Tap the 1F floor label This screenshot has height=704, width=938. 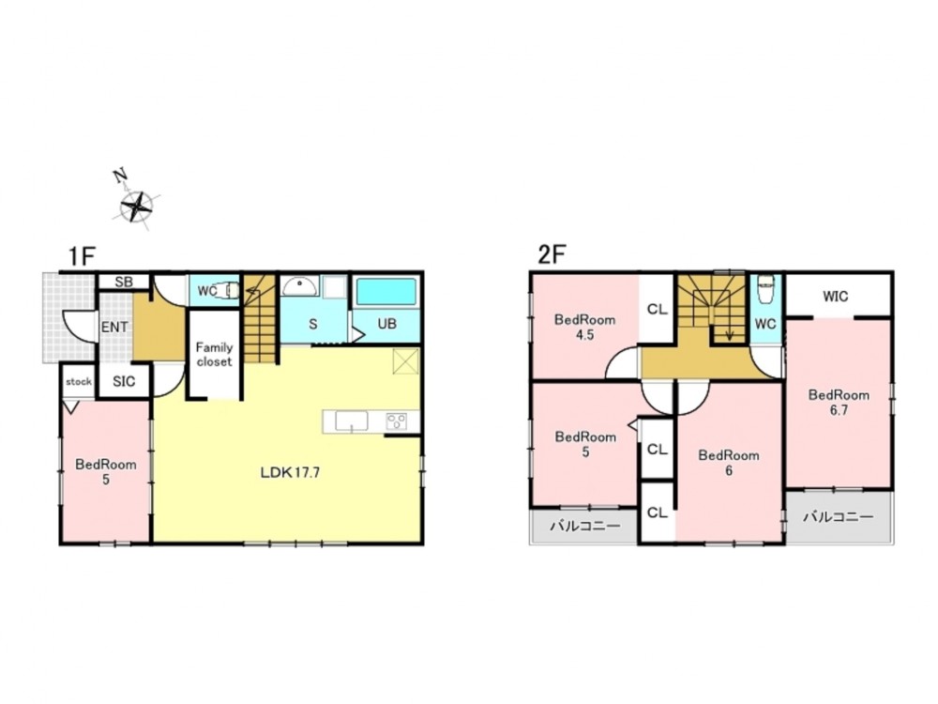[x=82, y=257]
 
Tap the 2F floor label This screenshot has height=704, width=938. [x=552, y=255]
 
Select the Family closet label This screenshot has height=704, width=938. [x=214, y=355]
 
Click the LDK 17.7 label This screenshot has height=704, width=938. [x=290, y=472]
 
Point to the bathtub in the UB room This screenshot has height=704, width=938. [x=386, y=292]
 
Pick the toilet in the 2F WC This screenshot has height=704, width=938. [x=765, y=290]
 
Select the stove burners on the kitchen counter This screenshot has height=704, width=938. [x=396, y=421]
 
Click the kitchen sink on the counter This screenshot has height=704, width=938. [x=351, y=421]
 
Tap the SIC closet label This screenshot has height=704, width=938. [x=124, y=381]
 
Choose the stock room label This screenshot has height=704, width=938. [x=79, y=381]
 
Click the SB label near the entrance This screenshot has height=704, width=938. [x=123, y=282]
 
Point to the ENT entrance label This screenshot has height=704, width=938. [x=114, y=327]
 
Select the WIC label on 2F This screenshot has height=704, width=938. [x=835, y=297]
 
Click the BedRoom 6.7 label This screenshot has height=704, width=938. [x=839, y=403]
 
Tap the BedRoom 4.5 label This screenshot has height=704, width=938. [x=584, y=327]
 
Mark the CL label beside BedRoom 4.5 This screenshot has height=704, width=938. [x=657, y=310]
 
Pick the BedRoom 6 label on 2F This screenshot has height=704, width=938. [x=729, y=463]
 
